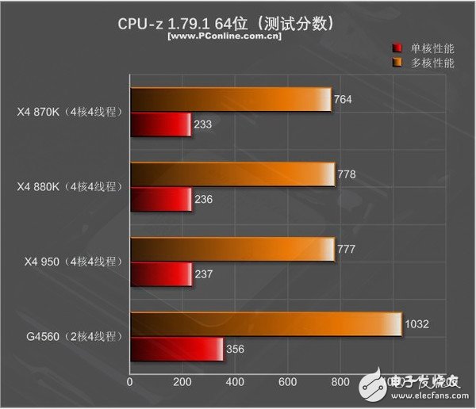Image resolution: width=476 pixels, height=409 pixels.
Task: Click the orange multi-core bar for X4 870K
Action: pos(230,99)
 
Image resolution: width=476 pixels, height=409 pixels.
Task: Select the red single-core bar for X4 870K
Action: pos(160,124)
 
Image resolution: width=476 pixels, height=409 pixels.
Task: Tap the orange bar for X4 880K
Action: pos(232,174)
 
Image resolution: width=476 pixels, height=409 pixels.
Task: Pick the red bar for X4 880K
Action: pos(161,199)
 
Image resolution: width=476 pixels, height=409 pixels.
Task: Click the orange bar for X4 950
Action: pos(232,250)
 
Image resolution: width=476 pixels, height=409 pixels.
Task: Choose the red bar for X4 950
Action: pos(161,274)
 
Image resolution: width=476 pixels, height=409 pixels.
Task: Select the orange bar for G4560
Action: pos(265,324)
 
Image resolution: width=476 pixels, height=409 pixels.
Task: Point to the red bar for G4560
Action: pos(176,349)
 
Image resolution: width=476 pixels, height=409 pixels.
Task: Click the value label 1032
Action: pos(419,324)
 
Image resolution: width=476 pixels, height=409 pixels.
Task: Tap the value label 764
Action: pos(344,100)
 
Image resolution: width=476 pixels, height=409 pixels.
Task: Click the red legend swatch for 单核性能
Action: pos(398,48)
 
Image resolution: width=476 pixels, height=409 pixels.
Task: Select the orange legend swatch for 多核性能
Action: pos(398,62)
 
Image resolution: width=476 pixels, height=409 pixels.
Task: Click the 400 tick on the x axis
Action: pos(235,382)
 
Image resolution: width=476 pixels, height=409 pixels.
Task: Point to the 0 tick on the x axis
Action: pos(130,382)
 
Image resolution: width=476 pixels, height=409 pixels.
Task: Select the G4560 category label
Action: pos(71,337)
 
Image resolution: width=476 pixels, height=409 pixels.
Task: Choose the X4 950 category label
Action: pos(69,262)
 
